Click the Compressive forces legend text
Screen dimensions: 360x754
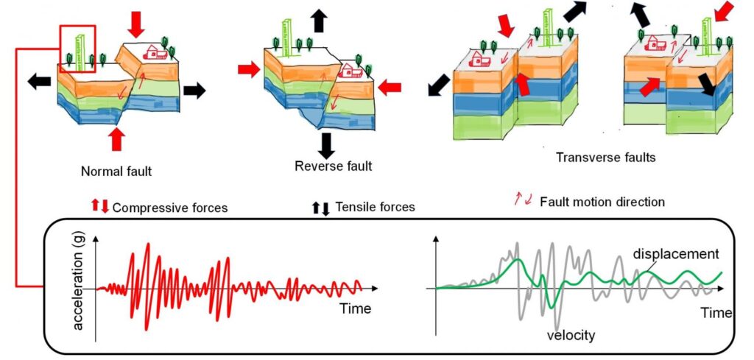click(170, 208)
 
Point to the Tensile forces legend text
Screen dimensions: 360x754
click(375, 208)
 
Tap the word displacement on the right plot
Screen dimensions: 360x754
click(675, 254)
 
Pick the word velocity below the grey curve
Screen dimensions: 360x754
click(571, 336)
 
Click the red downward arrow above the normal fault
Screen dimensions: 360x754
click(136, 24)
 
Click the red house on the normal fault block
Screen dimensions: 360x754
click(155, 52)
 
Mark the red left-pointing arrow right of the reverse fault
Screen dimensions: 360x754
click(390, 87)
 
